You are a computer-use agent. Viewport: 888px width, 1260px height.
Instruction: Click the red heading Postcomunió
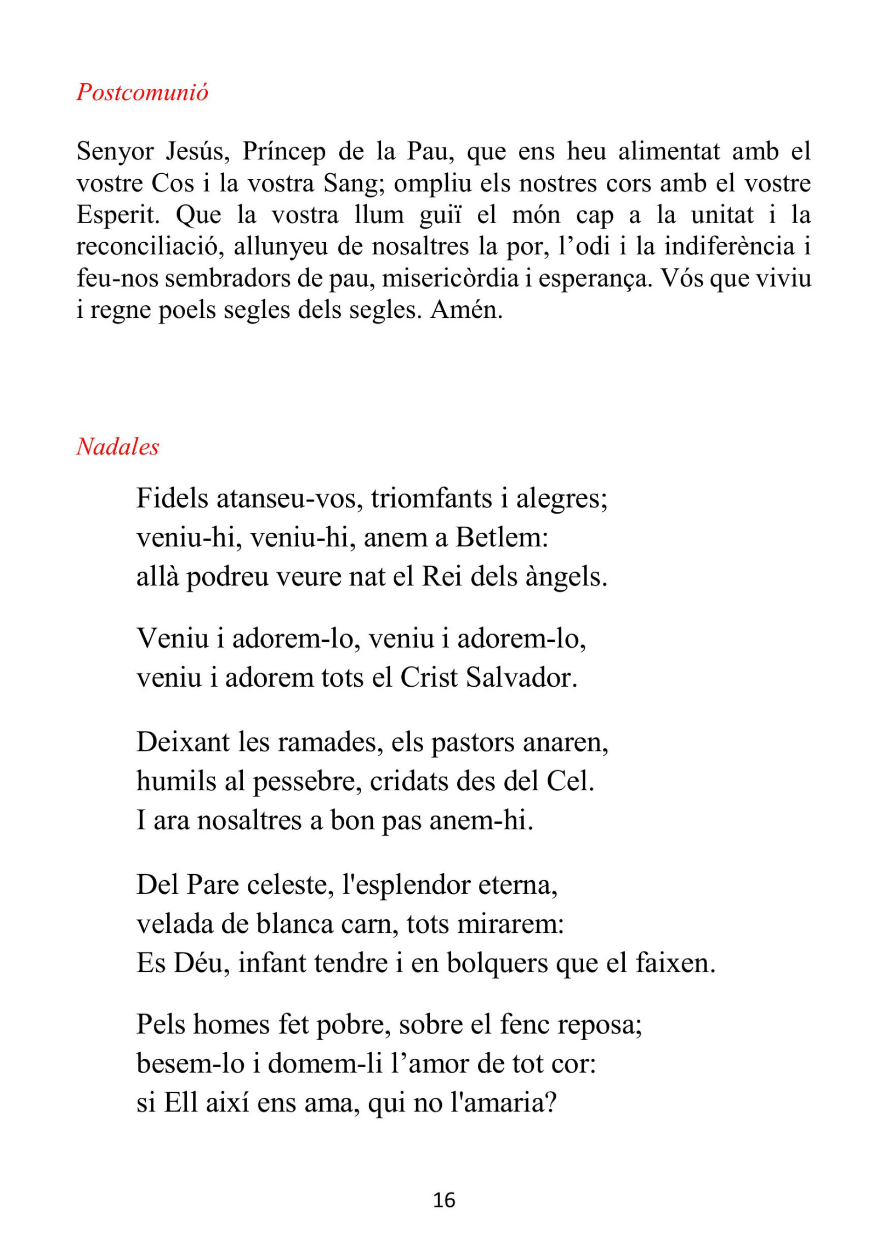[142, 92]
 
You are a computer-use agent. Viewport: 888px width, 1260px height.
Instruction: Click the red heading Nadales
[117, 447]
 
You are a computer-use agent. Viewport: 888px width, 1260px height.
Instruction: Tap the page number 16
[444, 1200]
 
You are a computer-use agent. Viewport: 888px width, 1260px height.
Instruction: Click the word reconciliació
[150, 247]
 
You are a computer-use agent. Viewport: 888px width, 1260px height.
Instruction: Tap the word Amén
[466, 310]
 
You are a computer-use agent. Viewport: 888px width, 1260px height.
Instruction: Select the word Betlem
[502, 538]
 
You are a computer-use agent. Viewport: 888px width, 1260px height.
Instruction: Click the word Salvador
[521, 678]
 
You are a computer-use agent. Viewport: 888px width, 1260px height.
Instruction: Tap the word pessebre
[307, 782]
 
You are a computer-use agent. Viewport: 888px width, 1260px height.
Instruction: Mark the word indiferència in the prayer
[730, 247]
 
